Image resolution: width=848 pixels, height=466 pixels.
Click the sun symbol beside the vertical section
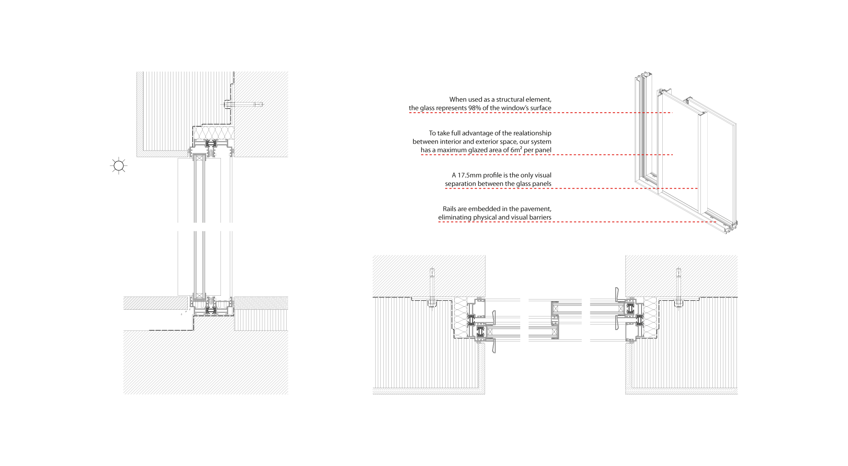tap(119, 165)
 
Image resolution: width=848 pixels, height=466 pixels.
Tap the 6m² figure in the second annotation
tap(516, 150)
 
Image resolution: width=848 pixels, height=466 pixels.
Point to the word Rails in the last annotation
tap(449, 209)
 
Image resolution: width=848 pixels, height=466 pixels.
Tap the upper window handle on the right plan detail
tap(617, 294)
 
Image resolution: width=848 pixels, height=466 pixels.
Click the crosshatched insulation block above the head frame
tap(214, 133)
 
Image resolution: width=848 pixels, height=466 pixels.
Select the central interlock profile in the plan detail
tap(555, 320)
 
